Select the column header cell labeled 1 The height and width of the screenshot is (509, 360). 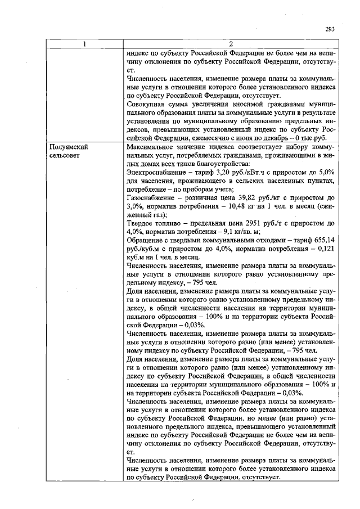(85, 44)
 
